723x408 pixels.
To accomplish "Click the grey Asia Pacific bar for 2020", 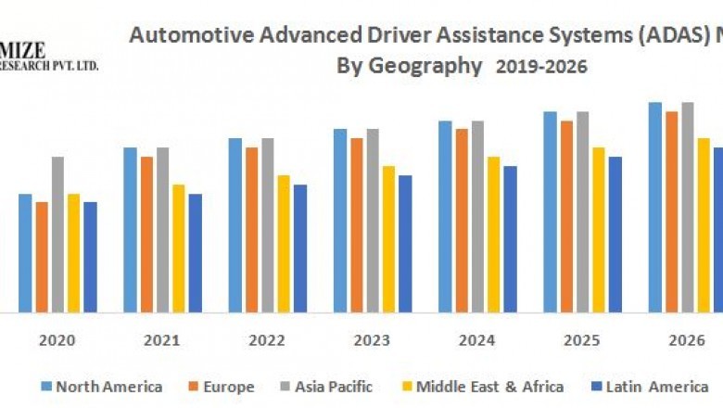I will point(57,234).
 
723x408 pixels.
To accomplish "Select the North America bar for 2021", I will point(130,229).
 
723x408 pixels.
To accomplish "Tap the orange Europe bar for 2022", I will point(251,229).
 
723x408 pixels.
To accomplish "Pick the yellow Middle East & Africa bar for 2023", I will point(388,238).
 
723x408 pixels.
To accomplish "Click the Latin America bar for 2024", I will point(510,238).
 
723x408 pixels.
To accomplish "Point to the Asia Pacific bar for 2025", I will point(582,211).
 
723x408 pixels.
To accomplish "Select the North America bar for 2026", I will point(655,207).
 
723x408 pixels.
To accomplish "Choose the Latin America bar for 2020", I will point(90,256).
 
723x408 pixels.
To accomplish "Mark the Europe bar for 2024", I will point(462,220).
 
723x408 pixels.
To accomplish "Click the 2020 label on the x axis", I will point(57,340).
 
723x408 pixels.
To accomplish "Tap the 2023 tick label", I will point(372,340).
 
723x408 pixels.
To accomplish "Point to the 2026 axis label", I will point(687,340).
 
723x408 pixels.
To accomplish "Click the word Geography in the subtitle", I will point(425,67).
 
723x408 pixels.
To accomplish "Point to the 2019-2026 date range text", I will point(541,67).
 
